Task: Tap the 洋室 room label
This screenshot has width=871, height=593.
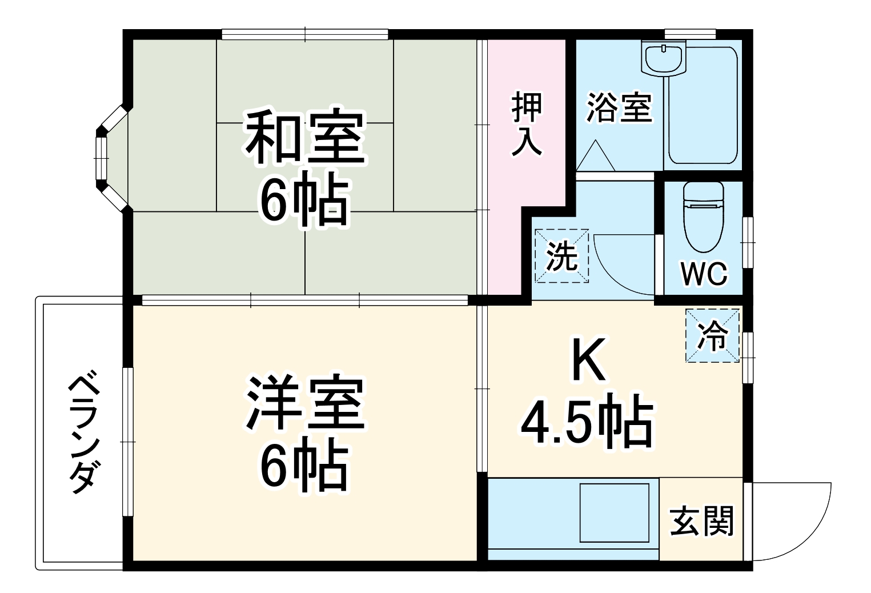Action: point(305,403)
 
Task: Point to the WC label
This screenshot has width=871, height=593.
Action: point(704,274)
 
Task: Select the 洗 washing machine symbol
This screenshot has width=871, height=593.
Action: point(561,256)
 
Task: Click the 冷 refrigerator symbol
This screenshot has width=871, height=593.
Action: point(712,335)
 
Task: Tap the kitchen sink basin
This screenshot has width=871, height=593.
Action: point(615,512)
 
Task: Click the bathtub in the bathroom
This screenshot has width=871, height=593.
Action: point(704,109)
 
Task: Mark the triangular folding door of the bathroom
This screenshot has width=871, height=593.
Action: point(595,157)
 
